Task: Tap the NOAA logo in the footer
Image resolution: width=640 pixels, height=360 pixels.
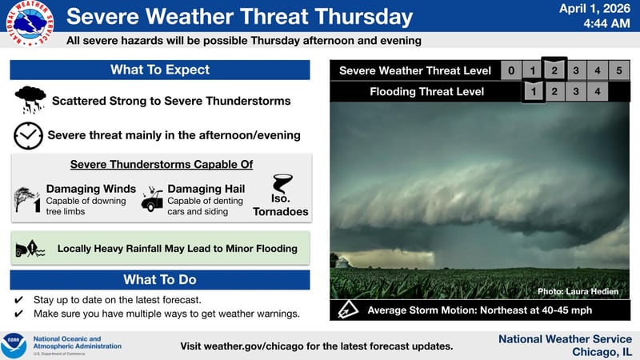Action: point(14,346)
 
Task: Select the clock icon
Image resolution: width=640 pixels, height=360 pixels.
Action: point(28,135)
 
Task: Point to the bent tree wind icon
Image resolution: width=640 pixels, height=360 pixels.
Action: point(27,198)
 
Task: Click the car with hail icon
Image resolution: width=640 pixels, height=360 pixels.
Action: point(152,199)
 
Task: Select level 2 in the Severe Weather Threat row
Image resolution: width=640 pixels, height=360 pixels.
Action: point(554,70)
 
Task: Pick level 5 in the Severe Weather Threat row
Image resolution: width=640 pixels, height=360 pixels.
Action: point(619,70)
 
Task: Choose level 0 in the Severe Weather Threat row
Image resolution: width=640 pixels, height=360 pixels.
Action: point(511,70)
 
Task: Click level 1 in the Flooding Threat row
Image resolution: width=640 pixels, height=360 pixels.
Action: point(533,92)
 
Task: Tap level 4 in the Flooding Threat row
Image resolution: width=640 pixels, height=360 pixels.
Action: point(598,92)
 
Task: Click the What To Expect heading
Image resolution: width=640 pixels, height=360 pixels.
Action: point(160,70)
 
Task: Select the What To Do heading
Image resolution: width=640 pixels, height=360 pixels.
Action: point(160,279)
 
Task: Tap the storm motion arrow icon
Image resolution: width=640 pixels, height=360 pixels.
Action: point(348,310)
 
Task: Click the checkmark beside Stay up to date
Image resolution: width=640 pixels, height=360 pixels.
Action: point(18,299)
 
